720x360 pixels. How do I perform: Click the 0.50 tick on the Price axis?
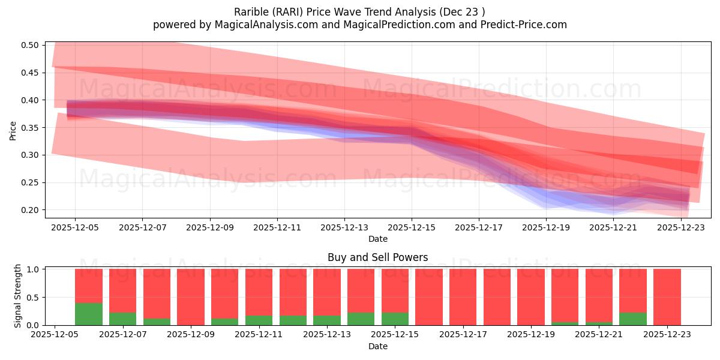[x=31, y=45]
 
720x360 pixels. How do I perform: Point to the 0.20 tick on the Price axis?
[x=31, y=210]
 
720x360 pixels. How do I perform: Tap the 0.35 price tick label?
[x=31, y=128]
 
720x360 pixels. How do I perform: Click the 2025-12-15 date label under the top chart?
[x=412, y=228]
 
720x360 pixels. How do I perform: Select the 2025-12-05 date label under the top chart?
[x=75, y=228]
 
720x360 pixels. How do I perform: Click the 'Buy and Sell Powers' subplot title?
[x=377, y=257]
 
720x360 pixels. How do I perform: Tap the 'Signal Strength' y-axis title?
[x=18, y=296]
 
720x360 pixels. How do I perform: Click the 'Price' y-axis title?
[x=13, y=130]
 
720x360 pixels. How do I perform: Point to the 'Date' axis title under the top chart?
[x=377, y=239]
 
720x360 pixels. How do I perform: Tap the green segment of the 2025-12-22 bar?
[x=633, y=319]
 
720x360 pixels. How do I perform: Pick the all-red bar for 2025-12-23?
[x=667, y=297]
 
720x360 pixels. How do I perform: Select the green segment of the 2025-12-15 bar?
[x=395, y=319]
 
